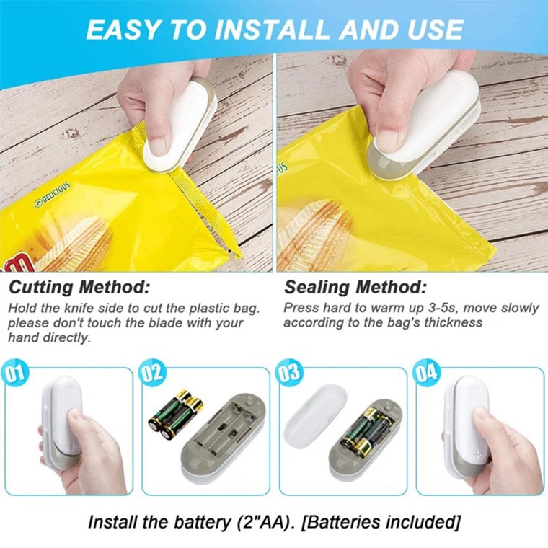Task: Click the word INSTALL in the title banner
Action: [273, 30]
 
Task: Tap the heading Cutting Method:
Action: [79, 287]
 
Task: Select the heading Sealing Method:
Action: [355, 287]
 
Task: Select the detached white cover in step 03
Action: [315, 416]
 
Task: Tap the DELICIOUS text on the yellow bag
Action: [53, 195]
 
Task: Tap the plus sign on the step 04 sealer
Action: [477, 454]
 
